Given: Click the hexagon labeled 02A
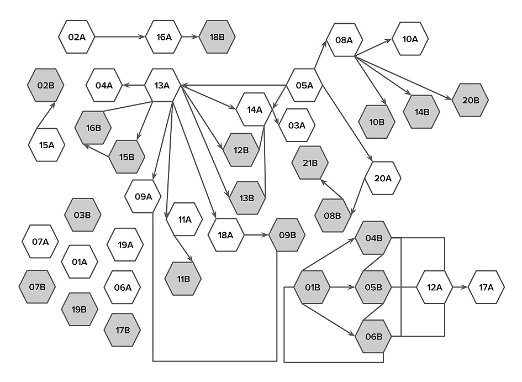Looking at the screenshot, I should (77, 37).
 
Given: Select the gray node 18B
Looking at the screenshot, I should (218, 37).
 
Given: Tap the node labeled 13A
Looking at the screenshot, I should (162, 85).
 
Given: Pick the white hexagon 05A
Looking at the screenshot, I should (304, 85).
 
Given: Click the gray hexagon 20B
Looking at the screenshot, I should (471, 100).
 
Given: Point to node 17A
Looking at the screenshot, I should (486, 287).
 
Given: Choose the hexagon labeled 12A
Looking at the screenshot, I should (435, 287).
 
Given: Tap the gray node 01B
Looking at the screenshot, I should (312, 287).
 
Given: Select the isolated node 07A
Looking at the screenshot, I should (40, 242).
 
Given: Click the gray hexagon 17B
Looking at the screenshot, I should (123, 330).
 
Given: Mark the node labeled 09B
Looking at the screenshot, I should (287, 235).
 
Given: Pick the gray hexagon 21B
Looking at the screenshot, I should (310, 163).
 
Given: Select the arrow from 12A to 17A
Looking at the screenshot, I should (460, 287).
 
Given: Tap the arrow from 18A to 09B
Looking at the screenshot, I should (256, 235).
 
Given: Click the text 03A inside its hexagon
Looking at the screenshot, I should (297, 125).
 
